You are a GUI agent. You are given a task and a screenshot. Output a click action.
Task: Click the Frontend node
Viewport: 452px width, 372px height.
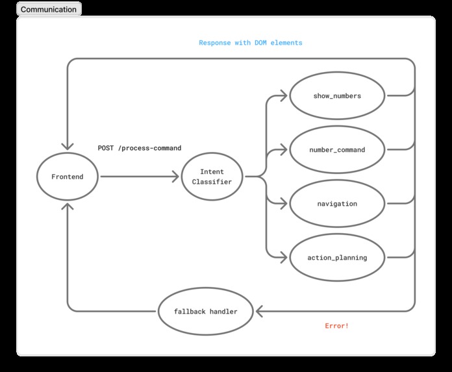[67, 177]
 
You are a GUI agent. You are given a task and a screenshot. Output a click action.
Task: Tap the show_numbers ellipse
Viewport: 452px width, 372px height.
[337, 96]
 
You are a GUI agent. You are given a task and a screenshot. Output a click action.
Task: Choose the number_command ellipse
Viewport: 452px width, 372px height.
[337, 150]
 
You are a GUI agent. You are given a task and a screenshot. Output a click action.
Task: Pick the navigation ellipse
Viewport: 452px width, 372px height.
[337, 204]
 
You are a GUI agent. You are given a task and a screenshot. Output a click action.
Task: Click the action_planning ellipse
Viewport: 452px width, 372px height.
[337, 258]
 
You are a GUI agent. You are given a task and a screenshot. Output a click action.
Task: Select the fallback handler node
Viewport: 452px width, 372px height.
[205, 312]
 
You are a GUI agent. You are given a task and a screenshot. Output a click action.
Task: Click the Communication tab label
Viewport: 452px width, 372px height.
[49, 9]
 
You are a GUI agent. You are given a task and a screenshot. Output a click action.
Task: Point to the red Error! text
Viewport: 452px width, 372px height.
[336, 326]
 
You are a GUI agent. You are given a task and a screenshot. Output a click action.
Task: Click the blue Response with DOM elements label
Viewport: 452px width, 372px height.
[250, 43]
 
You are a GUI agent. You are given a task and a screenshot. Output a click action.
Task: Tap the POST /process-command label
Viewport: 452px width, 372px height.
[139, 149]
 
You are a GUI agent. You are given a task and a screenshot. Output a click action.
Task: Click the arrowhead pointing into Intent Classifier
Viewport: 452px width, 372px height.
[175, 177]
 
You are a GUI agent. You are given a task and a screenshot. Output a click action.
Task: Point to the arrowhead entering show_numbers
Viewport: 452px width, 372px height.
[283, 96]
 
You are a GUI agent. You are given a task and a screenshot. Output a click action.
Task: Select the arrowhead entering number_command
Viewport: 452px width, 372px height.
[283, 150]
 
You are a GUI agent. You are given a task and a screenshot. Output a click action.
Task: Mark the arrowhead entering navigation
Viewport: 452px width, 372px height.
[283, 204]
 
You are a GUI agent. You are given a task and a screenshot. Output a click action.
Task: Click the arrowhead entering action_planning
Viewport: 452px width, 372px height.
[283, 258]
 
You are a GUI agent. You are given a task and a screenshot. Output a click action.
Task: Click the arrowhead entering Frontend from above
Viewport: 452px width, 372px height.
[68, 146]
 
